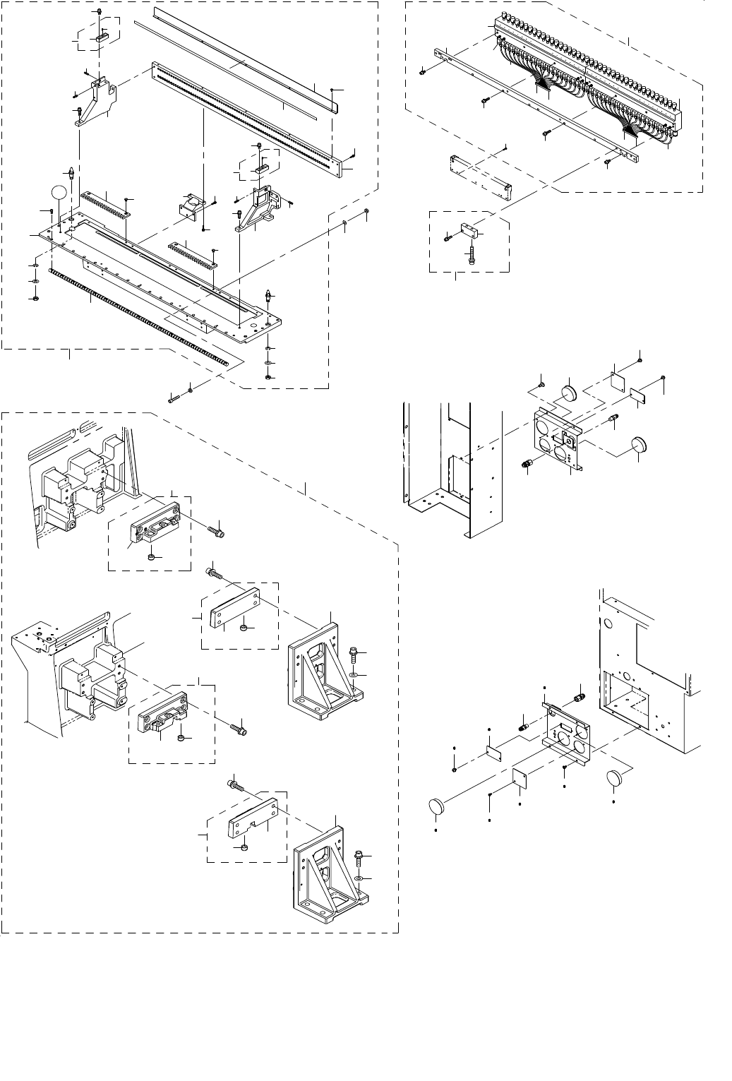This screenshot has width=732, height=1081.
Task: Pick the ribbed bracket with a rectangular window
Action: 258,209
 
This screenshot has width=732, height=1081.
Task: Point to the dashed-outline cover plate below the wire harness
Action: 480,172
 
